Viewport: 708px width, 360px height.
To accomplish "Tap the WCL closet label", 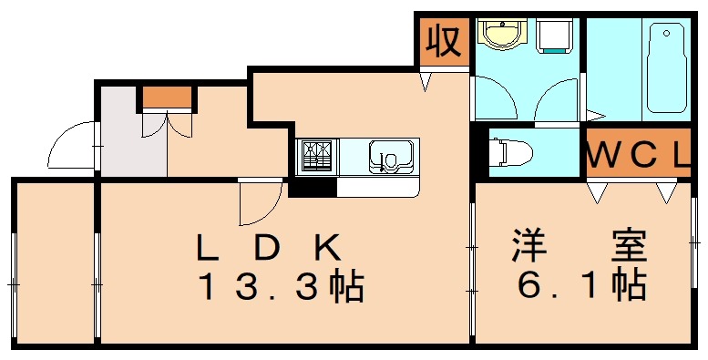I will point(637,155).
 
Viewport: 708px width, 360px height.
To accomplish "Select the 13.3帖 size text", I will point(282,288).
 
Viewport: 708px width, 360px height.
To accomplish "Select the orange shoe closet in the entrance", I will point(167,96).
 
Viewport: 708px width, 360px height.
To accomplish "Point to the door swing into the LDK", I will point(258,202).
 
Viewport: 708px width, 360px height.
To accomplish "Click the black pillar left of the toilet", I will point(481,151).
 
